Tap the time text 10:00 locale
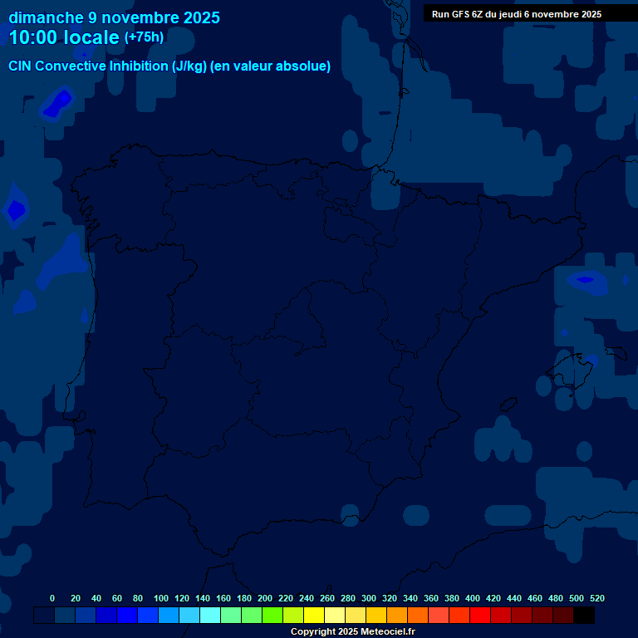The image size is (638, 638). coord(63,37)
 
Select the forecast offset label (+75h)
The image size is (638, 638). coord(144,37)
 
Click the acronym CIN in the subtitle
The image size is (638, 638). coord(22,66)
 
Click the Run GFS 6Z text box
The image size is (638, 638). coord(517,13)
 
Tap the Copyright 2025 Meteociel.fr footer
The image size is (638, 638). coord(352,631)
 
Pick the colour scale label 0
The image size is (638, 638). coord(52,598)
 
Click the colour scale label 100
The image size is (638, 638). coord(161,598)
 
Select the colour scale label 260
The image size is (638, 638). coord(327,598)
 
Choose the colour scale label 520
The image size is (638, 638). coord(597,598)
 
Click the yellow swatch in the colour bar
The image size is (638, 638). coord(314,616)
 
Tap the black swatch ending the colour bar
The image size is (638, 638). coord(584,616)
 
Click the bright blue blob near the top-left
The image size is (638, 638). coord(58,103)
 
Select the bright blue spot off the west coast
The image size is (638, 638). coord(16,210)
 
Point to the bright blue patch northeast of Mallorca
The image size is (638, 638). coord(586,279)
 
